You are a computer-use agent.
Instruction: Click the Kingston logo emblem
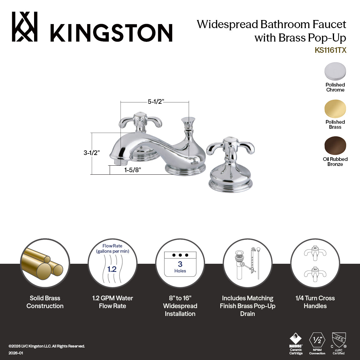click(25, 27)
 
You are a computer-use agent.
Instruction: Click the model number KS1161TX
click(330, 50)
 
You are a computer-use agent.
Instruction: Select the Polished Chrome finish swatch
click(335, 72)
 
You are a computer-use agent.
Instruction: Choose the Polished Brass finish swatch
click(335, 109)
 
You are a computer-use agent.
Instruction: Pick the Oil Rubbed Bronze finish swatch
click(335, 146)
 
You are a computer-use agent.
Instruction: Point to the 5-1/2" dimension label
click(156, 102)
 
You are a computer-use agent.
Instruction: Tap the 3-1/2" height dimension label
click(91, 153)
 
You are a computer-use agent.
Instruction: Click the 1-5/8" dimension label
click(132, 170)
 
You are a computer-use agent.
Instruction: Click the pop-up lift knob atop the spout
click(188, 120)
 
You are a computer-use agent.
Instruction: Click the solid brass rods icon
click(45, 263)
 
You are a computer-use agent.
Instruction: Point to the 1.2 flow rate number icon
click(112, 269)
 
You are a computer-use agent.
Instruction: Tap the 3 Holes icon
click(180, 264)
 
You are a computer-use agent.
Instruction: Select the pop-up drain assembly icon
click(247, 263)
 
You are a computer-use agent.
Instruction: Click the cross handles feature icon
click(315, 263)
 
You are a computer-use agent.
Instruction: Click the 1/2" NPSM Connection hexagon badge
click(317, 340)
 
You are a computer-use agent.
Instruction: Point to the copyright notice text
click(47, 346)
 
